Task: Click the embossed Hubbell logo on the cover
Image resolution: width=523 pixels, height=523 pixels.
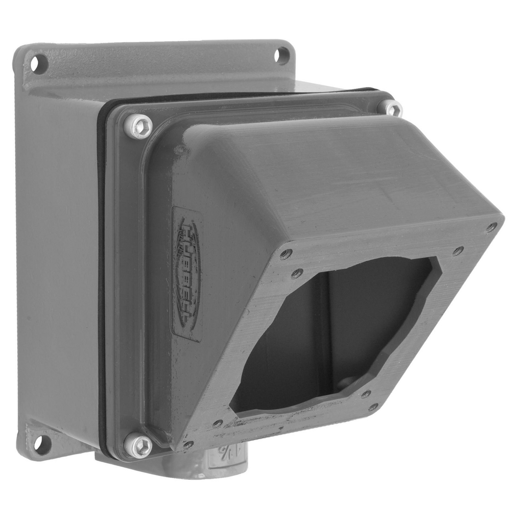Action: (188, 273)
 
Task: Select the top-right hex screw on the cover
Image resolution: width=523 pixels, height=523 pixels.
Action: (391, 108)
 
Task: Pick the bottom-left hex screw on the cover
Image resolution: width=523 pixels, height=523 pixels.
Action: (139, 445)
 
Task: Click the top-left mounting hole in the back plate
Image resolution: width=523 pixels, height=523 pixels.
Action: (38, 64)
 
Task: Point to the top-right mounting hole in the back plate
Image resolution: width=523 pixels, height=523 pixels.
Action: (281, 55)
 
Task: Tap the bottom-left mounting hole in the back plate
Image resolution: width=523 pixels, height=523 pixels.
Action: (42, 444)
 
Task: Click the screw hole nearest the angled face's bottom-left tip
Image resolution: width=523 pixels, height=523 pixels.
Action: (188, 444)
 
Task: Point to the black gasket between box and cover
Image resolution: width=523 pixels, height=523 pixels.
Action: (102, 281)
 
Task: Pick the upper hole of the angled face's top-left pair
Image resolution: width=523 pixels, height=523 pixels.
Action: (287, 254)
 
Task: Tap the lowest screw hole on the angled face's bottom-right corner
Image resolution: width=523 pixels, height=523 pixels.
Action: (374, 407)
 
